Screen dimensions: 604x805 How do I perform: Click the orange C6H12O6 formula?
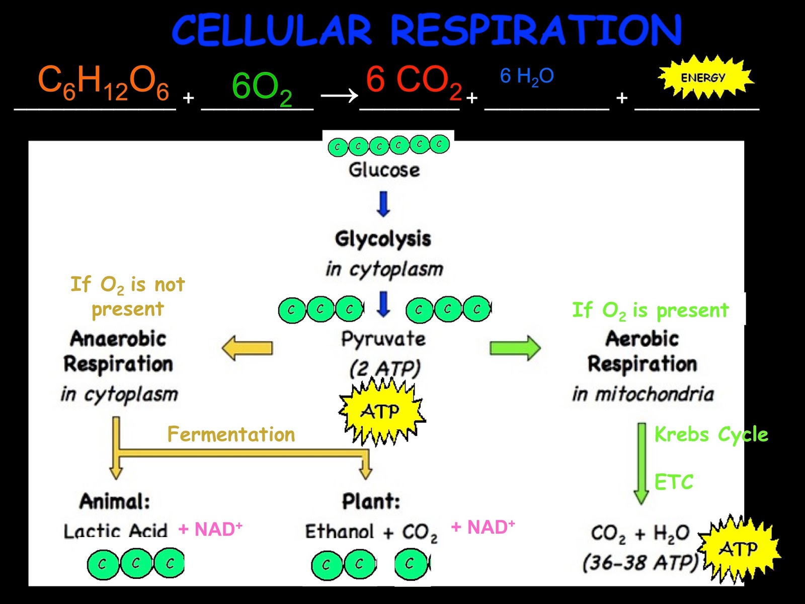(x=104, y=83)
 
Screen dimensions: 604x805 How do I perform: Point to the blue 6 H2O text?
(x=527, y=77)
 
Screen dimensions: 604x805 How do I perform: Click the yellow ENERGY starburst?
(x=704, y=78)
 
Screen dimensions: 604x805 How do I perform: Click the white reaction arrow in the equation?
(x=339, y=95)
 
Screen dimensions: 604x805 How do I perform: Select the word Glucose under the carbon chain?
(x=384, y=170)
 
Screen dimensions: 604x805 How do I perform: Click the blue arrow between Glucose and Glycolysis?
(x=383, y=203)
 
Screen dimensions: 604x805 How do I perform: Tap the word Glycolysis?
(x=383, y=239)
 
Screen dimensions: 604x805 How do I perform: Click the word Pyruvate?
(x=383, y=338)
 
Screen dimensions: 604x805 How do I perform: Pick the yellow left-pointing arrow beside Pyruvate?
(x=248, y=348)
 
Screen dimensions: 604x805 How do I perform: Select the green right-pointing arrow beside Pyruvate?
(x=515, y=348)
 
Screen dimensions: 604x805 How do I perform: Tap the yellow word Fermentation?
(x=231, y=434)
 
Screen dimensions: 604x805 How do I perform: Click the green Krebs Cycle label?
(x=711, y=434)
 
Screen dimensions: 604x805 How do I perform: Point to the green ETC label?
(x=674, y=482)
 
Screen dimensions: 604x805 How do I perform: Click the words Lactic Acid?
(x=115, y=531)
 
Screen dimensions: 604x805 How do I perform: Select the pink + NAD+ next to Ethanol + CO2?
(x=482, y=527)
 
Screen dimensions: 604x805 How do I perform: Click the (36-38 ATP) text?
(x=640, y=562)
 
